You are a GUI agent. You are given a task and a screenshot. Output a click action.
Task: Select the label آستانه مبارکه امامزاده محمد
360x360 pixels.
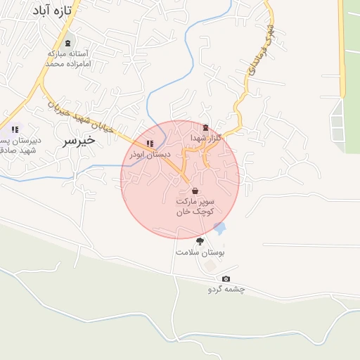pos(65,58)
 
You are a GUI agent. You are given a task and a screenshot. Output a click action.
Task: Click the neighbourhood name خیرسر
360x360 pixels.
pos(78,140)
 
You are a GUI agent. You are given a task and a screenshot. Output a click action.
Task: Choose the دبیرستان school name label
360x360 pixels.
pos(20,145)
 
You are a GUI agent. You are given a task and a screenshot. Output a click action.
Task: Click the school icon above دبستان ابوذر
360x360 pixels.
pos(149,144)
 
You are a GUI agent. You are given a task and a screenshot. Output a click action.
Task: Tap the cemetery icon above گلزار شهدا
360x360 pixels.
pos(205,127)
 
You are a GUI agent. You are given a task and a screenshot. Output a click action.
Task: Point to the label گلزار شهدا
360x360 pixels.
pos(205,138)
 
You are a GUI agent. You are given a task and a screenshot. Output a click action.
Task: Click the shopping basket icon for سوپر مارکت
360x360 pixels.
pos(195,191)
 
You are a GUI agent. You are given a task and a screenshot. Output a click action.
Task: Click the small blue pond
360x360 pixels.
pos(220,229)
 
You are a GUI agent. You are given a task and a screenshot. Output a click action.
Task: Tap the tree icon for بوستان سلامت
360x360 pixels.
pos(200,240)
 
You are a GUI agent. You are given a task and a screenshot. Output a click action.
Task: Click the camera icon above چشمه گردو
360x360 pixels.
pos(226,279)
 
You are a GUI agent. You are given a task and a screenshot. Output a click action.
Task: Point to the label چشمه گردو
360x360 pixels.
pos(226,290)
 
